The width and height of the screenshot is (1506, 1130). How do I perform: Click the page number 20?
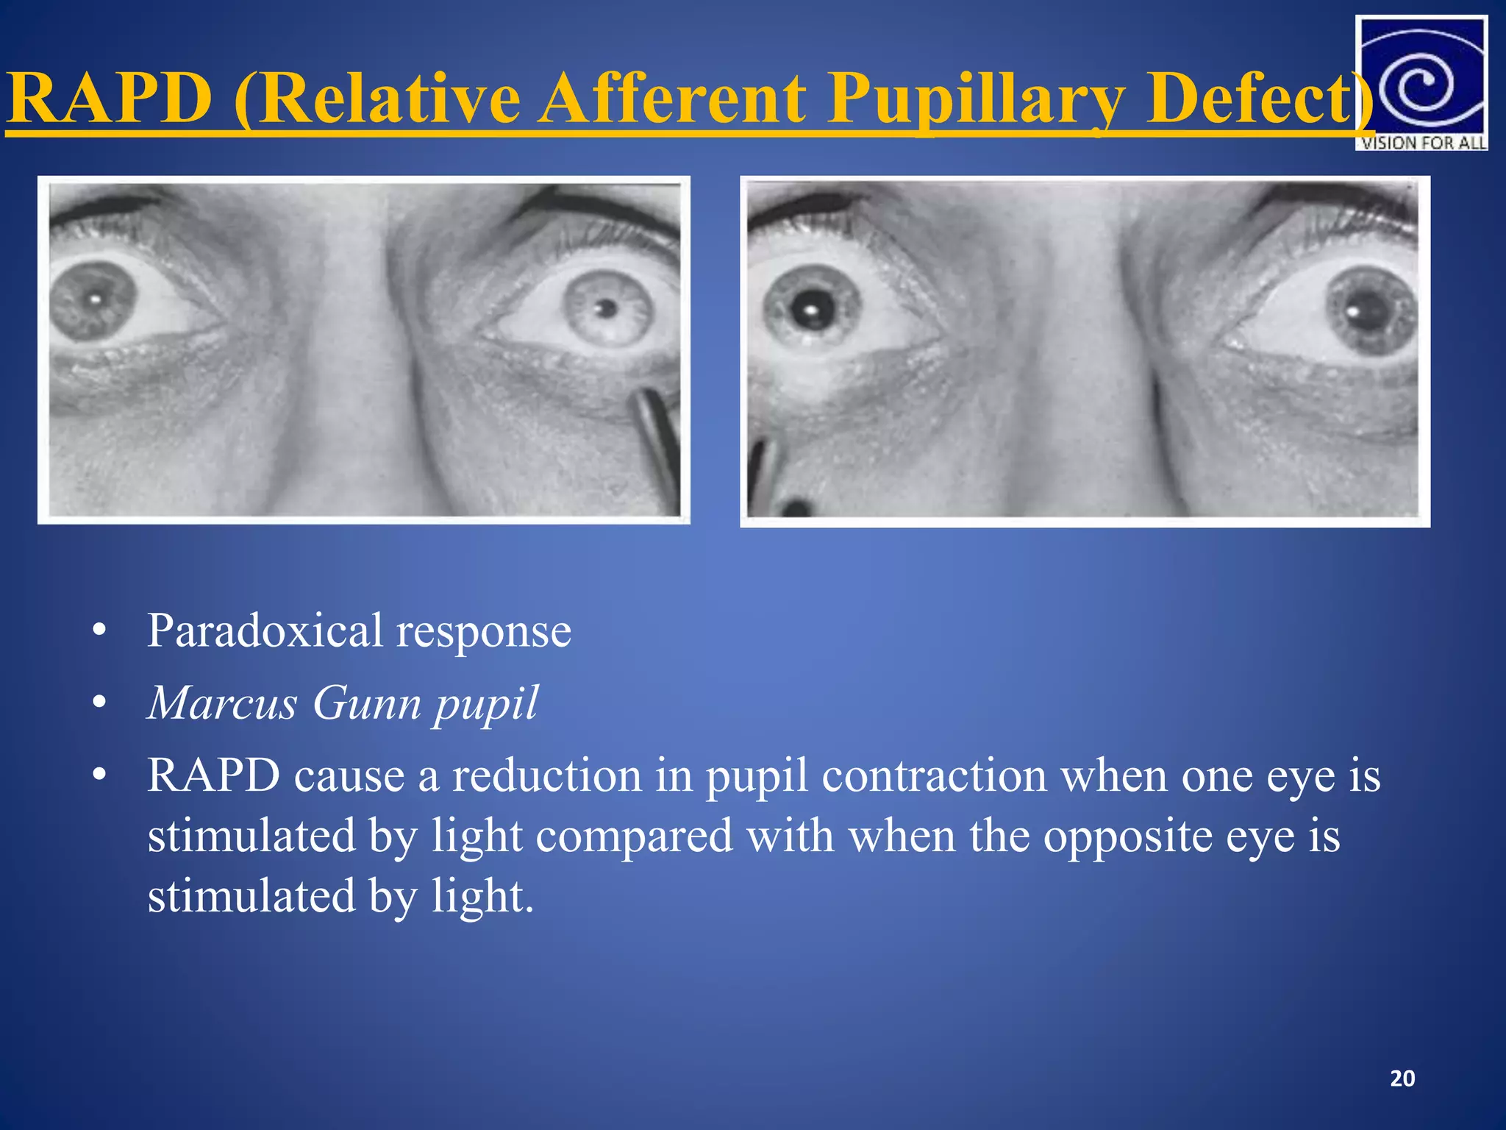(1402, 1079)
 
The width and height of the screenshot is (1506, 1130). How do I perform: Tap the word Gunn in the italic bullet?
(365, 703)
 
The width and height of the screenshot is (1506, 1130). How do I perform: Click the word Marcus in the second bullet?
(222, 703)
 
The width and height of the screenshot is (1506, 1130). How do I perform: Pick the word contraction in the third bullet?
(933, 775)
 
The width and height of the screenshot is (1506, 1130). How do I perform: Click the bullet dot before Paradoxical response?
(100, 631)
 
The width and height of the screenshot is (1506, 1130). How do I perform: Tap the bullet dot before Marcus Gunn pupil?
(100, 703)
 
